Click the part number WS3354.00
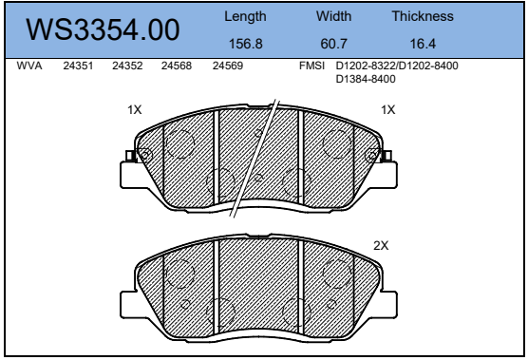pos(103,29)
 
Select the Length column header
pos(245,17)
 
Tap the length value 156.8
pos(245,44)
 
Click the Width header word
pos(333,16)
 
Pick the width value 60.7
pos(333,44)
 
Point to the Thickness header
pos(423,16)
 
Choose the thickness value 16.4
pos(423,44)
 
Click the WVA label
pos(29,66)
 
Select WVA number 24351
pos(78,66)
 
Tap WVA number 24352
pos(127,66)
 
